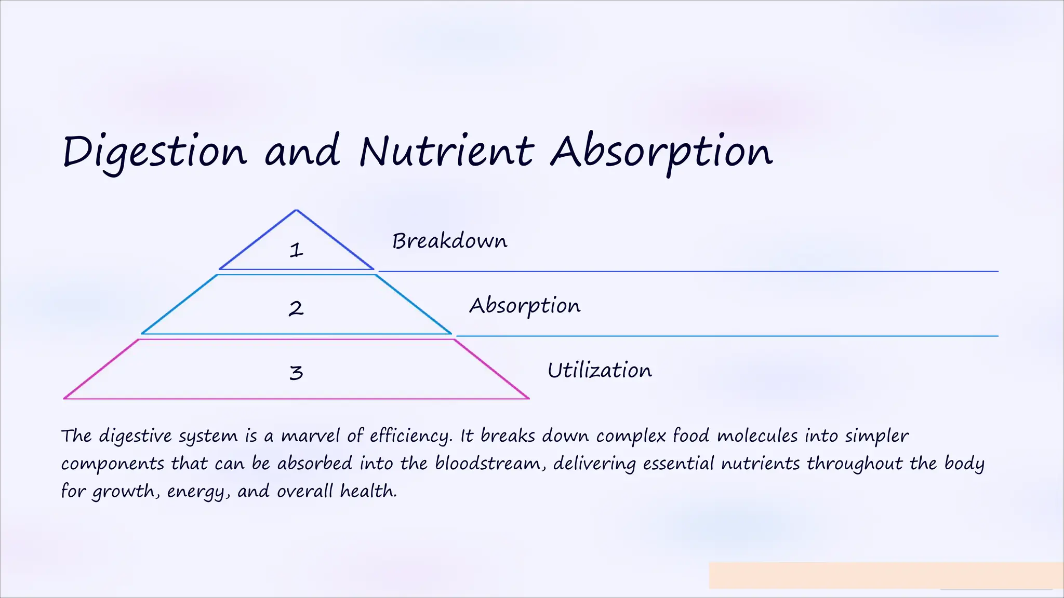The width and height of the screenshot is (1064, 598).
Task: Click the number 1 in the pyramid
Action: pos(296,250)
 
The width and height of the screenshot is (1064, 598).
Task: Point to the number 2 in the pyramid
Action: pos(296,308)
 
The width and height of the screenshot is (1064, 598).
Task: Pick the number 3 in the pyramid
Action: pos(296,372)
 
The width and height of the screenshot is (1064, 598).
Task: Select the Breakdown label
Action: pos(449,241)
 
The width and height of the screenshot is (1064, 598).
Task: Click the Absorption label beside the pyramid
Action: pos(525,306)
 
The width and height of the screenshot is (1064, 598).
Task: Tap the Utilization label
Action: pos(600,371)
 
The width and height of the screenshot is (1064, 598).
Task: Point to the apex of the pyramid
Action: pos(296,210)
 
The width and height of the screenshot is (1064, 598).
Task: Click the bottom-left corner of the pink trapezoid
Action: pos(65,398)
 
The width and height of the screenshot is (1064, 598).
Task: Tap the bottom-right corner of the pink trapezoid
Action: pos(528,398)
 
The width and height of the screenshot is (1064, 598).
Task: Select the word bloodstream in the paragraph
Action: pos(487,463)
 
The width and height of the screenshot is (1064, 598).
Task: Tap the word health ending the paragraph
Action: pos(368,491)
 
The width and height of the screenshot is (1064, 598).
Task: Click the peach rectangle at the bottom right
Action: pos(885,575)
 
